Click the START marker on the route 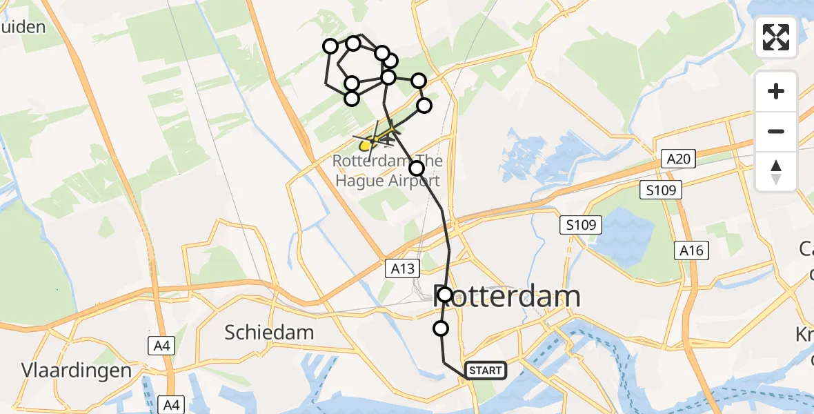click(486, 371)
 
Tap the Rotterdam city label click(508, 297)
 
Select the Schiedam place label click(269, 332)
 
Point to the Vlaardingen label click(67, 370)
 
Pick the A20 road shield click(677, 159)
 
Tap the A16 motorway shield click(691, 250)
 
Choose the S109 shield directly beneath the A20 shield click(663, 190)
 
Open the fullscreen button click(776, 37)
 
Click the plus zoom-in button click(776, 91)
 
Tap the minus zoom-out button click(776, 131)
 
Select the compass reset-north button click(776, 171)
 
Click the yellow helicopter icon click(373, 141)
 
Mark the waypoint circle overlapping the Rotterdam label click(445, 295)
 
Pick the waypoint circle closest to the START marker click(441, 328)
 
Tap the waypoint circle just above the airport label click(417, 168)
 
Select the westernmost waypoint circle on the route click(330, 46)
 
